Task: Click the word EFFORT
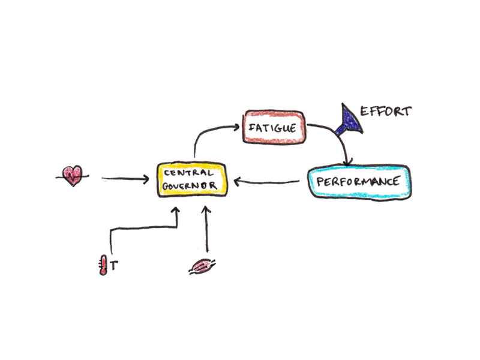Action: point(385,111)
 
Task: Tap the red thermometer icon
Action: point(104,264)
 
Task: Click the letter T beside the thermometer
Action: point(114,264)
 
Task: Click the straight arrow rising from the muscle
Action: point(206,231)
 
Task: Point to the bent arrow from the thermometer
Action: point(144,227)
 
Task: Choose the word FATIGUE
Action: point(271,127)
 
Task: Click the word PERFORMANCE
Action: point(358,182)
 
